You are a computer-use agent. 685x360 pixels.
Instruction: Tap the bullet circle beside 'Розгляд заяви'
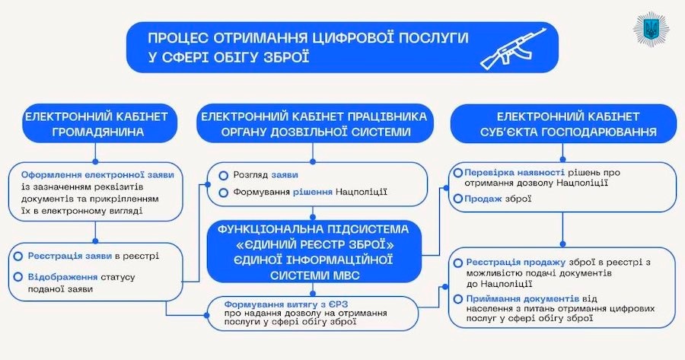[x=224, y=175]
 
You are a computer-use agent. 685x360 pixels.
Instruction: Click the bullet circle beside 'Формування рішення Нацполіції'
[x=224, y=193]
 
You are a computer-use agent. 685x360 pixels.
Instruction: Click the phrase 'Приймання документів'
[x=517, y=298]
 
